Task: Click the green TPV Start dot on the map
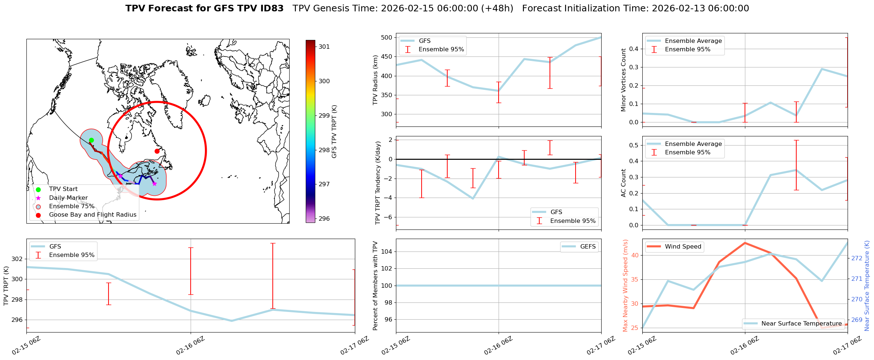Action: coord(91,140)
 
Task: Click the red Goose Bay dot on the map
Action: coord(157,151)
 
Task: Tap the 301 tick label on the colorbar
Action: coord(324,47)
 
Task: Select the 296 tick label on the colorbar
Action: coord(324,218)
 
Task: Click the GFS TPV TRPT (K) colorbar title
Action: coord(334,132)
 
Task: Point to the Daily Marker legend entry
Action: coord(68,198)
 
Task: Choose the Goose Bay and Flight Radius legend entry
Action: coord(92,215)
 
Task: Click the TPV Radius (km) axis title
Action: coord(375,80)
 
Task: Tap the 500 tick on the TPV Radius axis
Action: coord(387,37)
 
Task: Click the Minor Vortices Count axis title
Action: coord(624,80)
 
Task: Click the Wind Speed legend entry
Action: coord(683,247)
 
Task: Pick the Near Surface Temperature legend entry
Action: coord(801,323)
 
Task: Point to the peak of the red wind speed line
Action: coord(745,243)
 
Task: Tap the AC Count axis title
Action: coord(624,183)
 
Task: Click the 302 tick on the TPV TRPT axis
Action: coord(17,259)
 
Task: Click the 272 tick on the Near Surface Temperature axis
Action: coord(857,258)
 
